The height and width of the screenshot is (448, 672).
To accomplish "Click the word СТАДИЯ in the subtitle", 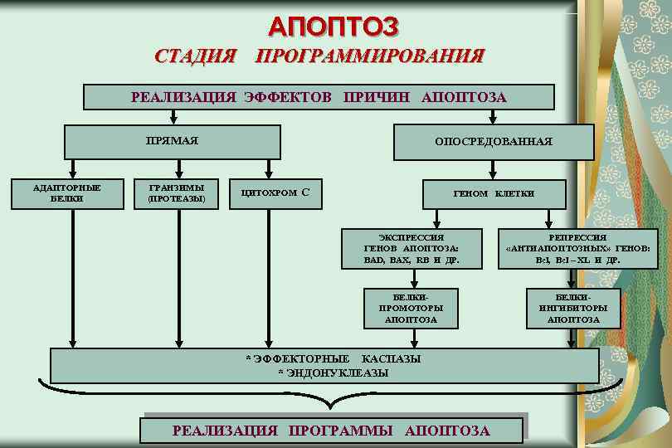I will pos(196,56).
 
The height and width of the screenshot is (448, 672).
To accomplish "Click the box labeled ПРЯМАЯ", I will pos(172,140).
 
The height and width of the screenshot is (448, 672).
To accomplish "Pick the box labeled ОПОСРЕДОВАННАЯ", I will pos(494,142).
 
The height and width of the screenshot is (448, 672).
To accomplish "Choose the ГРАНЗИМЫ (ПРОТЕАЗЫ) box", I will pos(177,193).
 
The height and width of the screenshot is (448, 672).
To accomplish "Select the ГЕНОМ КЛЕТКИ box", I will pos(494,193).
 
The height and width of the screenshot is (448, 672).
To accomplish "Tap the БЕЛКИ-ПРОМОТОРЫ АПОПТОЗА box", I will pos(411,307).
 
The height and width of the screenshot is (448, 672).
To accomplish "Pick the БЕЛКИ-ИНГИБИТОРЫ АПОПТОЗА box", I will pos(573,307).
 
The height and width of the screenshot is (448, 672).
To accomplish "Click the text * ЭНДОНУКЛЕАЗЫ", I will pos(333,373).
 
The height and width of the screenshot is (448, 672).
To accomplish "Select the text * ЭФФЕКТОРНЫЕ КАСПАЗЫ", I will pos(333,358).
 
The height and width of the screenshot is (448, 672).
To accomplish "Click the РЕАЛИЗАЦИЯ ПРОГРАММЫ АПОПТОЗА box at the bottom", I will pos(331,430).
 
